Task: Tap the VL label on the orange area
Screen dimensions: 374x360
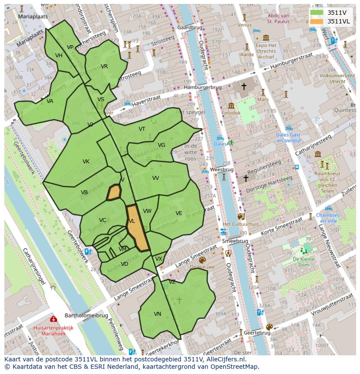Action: (132, 221)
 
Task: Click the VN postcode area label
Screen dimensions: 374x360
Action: (157, 314)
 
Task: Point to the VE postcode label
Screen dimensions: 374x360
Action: (179, 213)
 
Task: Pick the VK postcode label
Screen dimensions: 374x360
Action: (86, 162)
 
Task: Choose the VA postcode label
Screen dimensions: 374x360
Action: (50, 101)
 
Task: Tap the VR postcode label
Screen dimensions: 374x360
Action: (104, 66)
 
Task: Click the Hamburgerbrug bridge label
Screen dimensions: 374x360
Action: (203, 87)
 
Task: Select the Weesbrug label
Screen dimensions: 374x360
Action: (222, 169)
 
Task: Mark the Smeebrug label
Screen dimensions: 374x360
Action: (235, 241)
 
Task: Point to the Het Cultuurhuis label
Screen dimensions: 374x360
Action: (240, 224)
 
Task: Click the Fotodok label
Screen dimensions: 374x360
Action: (230, 113)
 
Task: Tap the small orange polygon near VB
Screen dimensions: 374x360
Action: (113, 192)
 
